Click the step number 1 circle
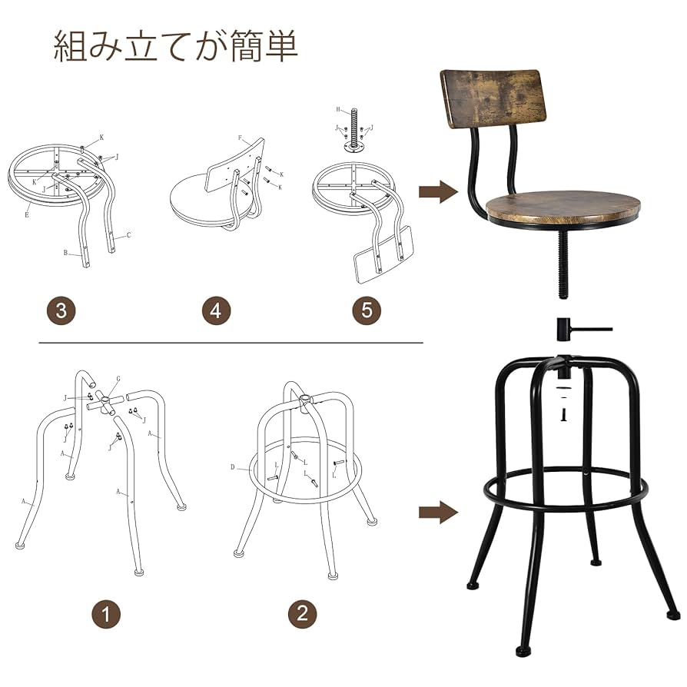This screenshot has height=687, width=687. [x=107, y=613]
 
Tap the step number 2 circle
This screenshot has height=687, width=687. [x=302, y=613]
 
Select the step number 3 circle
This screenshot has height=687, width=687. [x=61, y=310]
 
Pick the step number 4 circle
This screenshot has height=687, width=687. [x=216, y=310]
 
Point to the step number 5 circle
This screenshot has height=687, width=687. [x=367, y=310]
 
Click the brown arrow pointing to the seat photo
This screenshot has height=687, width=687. [x=437, y=192]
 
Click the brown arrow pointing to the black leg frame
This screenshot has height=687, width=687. [x=437, y=512]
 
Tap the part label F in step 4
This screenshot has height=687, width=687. [x=240, y=139]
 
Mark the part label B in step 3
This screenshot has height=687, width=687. [x=65, y=251]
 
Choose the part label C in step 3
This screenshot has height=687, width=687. [x=128, y=235]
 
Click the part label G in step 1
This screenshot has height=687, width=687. [x=118, y=379]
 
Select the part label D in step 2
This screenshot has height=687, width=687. [x=233, y=466]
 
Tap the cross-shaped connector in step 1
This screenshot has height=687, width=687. [x=104, y=402]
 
